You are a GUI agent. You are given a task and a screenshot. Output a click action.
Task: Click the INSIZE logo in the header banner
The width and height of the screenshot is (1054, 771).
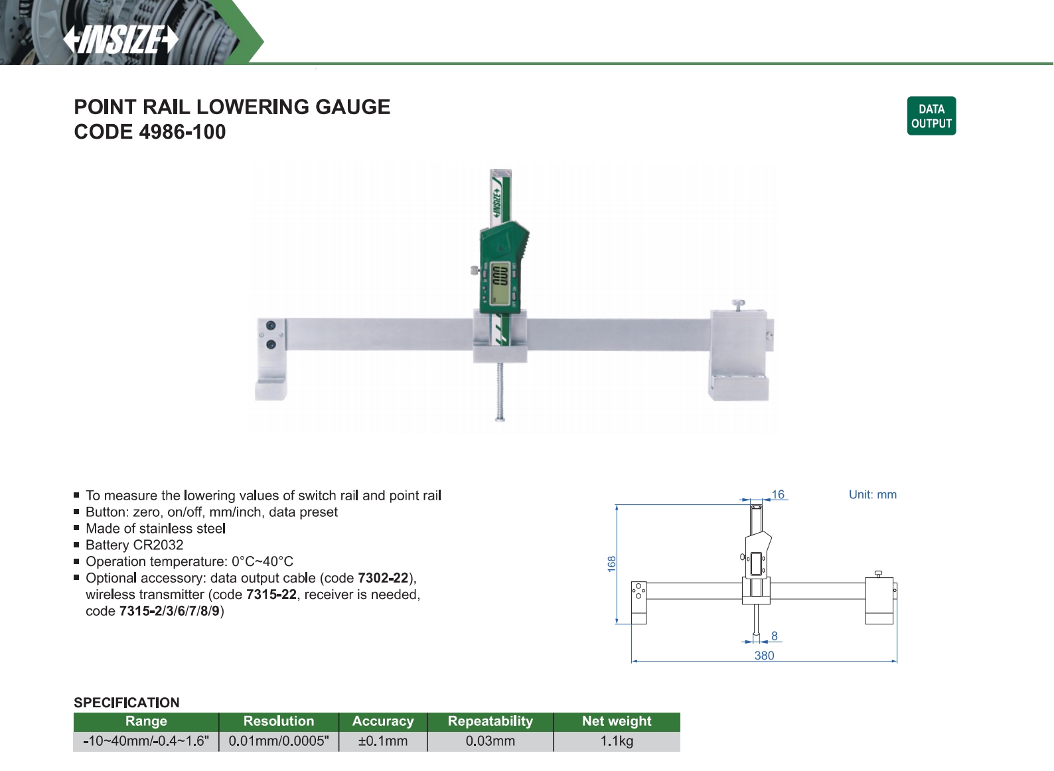pyautogui.click(x=121, y=39)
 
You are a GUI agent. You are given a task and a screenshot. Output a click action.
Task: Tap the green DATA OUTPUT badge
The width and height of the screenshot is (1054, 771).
pyautogui.click(x=931, y=115)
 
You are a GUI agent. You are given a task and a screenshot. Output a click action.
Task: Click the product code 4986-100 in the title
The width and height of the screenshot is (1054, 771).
pyautogui.click(x=183, y=132)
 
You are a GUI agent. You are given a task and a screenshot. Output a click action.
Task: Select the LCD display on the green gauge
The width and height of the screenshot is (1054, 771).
pyautogui.click(x=499, y=283)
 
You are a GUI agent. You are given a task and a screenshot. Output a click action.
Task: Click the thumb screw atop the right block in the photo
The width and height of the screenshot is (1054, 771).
pyautogui.click(x=738, y=305)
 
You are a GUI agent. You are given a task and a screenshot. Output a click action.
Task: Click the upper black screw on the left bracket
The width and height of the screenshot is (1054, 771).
pyautogui.click(x=271, y=326)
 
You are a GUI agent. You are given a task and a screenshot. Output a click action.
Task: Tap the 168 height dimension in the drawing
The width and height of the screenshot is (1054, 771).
pyautogui.click(x=611, y=563)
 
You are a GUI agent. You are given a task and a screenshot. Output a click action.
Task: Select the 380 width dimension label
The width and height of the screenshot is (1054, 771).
pyautogui.click(x=764, y=656)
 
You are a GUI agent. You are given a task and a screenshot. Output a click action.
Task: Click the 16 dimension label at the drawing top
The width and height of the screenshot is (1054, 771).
pyautogui.click(x=778, y=494)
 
